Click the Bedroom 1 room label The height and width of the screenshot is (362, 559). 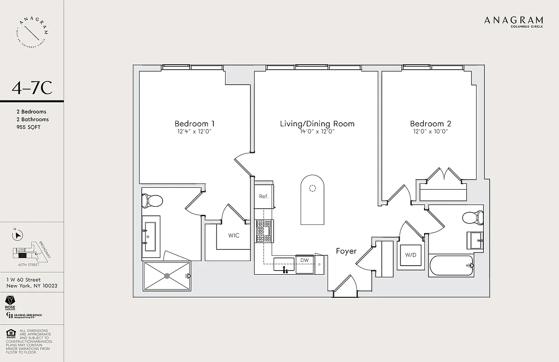tap(194, 124)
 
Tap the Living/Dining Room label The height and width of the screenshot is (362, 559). tap(317, 124)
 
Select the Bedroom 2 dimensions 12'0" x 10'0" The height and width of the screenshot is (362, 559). tap(430, 132)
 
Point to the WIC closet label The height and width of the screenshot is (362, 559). tap(234, 236)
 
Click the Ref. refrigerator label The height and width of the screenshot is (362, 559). tap(264, 196)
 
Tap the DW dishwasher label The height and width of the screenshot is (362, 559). tap(305, 260)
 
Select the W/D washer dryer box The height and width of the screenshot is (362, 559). tap(411, 255)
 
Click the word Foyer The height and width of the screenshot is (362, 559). tap(346, 251)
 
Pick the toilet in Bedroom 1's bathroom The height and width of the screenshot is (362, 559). tap(152, 200)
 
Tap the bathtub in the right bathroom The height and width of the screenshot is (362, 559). tap(451, 266)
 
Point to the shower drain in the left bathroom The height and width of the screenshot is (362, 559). tap(167, 275)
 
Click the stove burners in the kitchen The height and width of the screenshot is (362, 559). tap(263, 231)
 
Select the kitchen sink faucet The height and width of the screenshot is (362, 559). tap(284, 270)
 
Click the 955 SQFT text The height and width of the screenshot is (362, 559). tap(28, 127)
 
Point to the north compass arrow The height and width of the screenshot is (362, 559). tap(18, 235)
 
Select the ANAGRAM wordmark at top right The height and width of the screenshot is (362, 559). tap(513, 20)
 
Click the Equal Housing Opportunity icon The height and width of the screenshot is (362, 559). tap(10, 334)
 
